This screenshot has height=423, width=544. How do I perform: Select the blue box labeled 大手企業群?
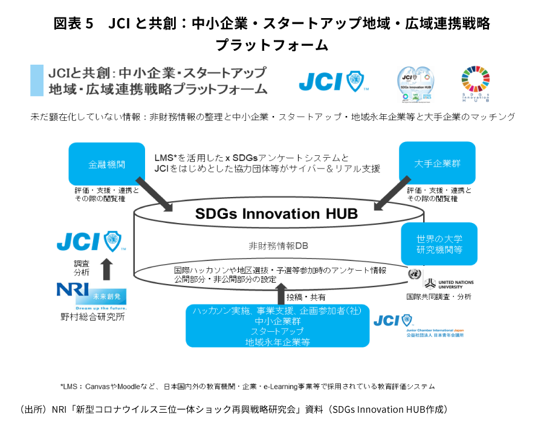(437, 163)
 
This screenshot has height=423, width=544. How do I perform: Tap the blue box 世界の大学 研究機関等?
(439, 244)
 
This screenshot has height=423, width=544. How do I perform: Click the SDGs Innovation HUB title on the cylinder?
(276, 214)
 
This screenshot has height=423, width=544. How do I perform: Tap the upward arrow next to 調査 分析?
(106, 268)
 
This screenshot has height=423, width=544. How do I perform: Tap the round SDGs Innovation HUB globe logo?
(415, 84)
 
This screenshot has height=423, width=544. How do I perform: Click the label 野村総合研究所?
(92, 316)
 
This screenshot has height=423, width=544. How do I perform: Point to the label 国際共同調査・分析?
(439, 297)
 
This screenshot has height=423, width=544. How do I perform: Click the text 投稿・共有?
(306, 297)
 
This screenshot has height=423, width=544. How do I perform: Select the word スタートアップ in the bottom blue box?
(277, 331)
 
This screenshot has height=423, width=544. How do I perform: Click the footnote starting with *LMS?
(247, 386)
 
